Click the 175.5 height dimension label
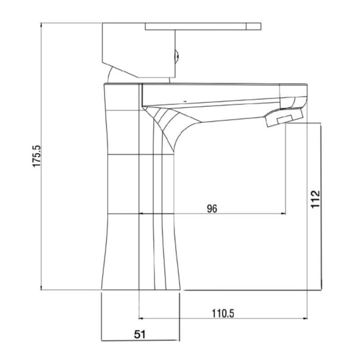(37, 156)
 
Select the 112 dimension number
(315, 199)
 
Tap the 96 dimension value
(212, 208)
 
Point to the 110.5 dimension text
(222, 313)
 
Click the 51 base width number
(140, 334)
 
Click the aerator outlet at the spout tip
(284, 117)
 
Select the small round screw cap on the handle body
(177, 56)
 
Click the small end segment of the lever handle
(254, 26)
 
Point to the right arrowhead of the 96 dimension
(283, 213)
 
